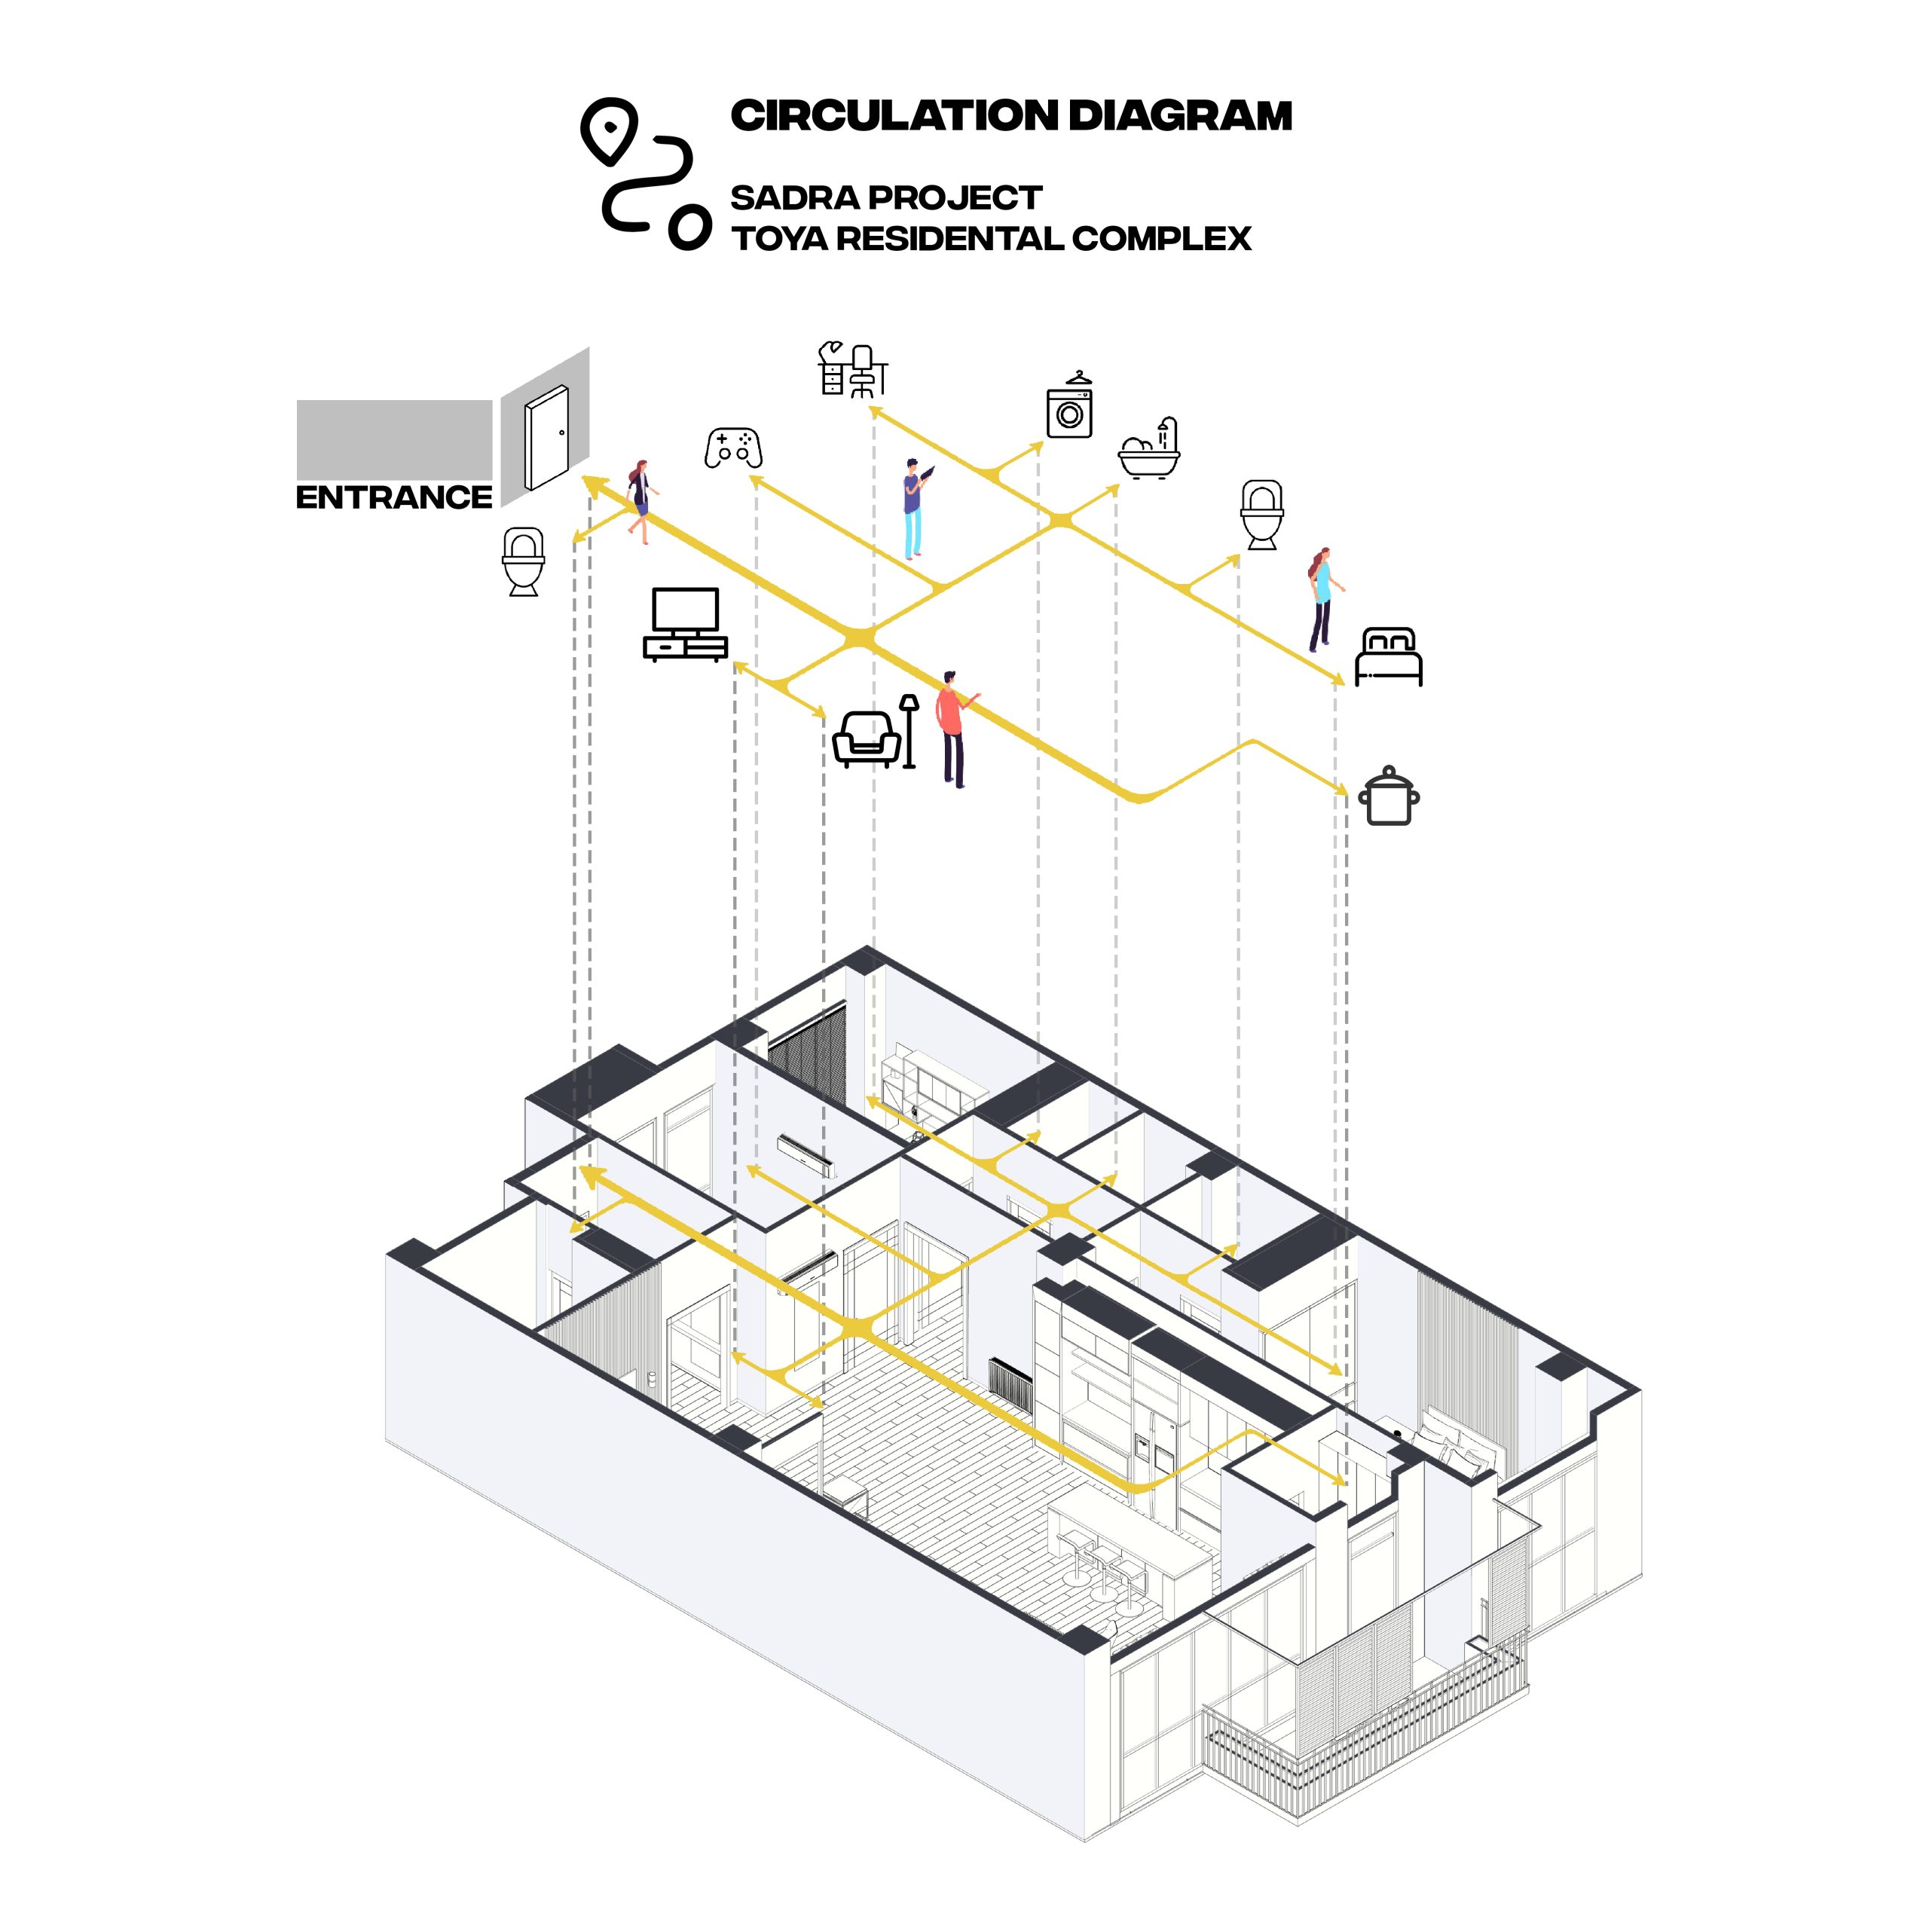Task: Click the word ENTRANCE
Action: (x=393, y=497)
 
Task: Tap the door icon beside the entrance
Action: (x=547, y=436)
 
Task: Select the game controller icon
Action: (x=733, y=448)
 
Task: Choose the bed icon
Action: (x=1388, y=656)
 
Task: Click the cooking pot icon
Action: (x=1389, y=796)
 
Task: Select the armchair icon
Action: (x=866, y=739)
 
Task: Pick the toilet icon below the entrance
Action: (x=523, y=562)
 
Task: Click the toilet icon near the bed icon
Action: (x=1262, y=514)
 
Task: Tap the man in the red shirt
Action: (x=955, y=729)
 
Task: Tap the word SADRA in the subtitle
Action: (x=790, y=197)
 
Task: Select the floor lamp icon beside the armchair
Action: (x=909, y=732)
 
